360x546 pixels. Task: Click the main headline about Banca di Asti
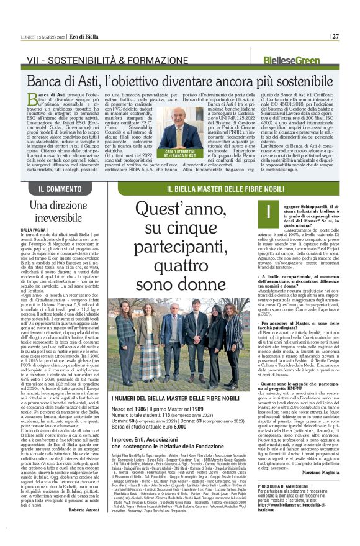tap(179, 79)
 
